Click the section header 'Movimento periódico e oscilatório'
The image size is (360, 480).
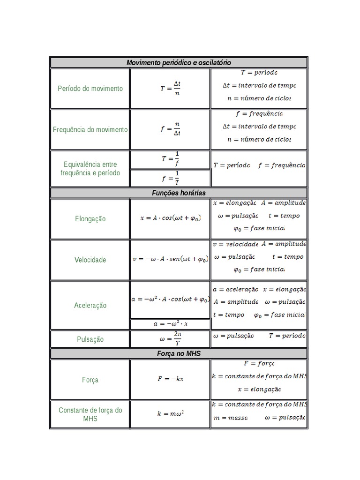(x=179, y=63)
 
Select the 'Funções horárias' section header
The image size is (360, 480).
(x=179, y=193)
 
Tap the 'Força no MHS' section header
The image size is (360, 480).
(x=179, y=353)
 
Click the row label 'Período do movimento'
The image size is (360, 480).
(x=90, y=89)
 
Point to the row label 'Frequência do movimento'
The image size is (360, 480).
(x=90, y=129)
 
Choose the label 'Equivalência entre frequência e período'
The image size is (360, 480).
(x=90, y=169)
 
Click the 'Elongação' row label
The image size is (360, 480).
(x=90, y=219)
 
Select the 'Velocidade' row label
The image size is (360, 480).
(x=90, y=260)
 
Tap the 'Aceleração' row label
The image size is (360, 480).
(x=90, y=305)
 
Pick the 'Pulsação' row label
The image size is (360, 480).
(x=90, y=339)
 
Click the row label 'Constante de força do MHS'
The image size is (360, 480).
(x=90, y=414)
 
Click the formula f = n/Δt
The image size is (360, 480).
(x=170, y=129)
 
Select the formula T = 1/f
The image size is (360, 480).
(x=170, y=159)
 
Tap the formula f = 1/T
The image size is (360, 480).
(x=170, y=178)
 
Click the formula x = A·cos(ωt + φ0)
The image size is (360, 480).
(x=170, y=218)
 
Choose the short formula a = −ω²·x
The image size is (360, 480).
(x=170, y=324)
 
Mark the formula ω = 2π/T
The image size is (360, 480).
(x=170, y=339)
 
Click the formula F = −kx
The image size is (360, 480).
(x=170, y=379)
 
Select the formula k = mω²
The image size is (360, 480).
(x=170, y=414)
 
